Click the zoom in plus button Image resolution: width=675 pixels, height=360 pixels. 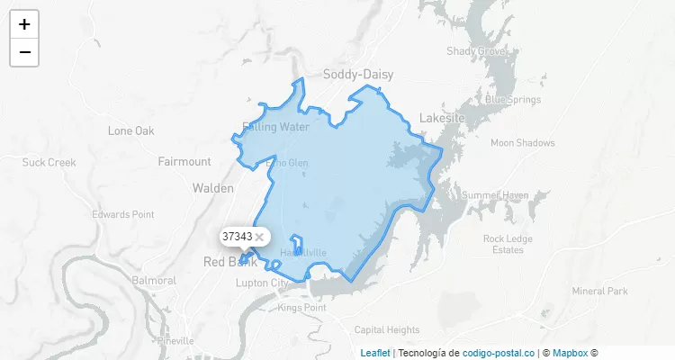click(x=24, y=24)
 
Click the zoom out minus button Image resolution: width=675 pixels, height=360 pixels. click(x=24, y=52)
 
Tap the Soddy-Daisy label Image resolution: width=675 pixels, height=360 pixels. click(x=358, y=75)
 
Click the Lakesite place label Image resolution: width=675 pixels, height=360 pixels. click(x=442, y=118)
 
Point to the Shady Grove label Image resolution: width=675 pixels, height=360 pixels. click(x=476, y=51)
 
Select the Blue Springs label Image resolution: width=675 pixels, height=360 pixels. click(x=513, y=99)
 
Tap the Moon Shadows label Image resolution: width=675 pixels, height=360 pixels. click(x=523, y=142)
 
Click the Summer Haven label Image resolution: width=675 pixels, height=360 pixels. click(x=495, y=195)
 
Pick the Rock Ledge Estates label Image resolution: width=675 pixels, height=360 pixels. click(x=508, y=244)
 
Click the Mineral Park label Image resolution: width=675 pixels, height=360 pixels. click(x=599, y=291)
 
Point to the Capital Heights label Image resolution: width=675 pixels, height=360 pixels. click(x=387, y=329)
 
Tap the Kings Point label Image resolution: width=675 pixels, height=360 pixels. click(x=301, y=308)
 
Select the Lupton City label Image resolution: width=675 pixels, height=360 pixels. click(x=262, y=283)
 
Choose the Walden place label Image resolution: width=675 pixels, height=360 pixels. click(x=213, y=188)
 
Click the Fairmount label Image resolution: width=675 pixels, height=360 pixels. click(x=184, y=162)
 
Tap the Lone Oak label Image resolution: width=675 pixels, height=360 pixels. click(x=131, y=130)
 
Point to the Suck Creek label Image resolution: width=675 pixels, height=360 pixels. click(x=49, y=163)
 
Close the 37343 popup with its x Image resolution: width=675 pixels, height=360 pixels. click(x=259, y=236)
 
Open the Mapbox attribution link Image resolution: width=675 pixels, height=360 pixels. click(x=571, y=353)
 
